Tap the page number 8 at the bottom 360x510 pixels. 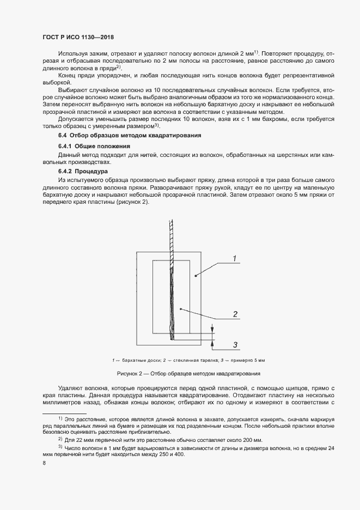[x=44, y=463]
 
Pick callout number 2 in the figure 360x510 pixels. [x=235, y=314]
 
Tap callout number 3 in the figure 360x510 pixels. [x=235, y=344]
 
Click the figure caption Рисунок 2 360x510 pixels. [x=188, y=373]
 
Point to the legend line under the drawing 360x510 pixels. [x=188, y=360]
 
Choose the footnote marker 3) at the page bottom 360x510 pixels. [x=60, y=446]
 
